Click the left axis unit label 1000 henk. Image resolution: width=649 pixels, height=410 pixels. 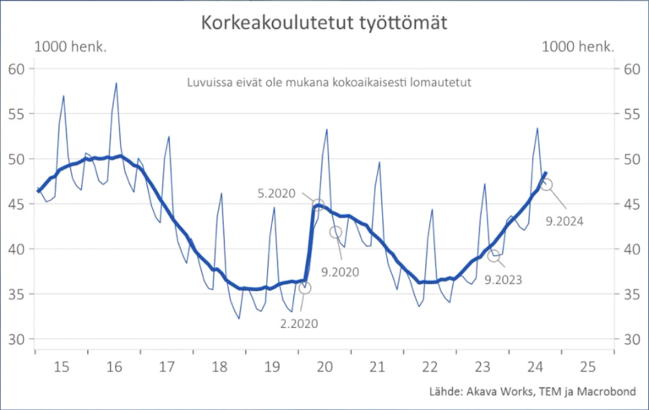70,47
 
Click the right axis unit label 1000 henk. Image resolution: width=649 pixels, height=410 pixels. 576,47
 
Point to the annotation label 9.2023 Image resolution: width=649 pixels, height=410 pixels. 504,277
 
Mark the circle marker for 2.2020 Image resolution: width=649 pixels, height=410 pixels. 304,288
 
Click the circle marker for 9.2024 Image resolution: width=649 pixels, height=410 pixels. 547,184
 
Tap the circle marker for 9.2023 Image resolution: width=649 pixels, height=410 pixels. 494,255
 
